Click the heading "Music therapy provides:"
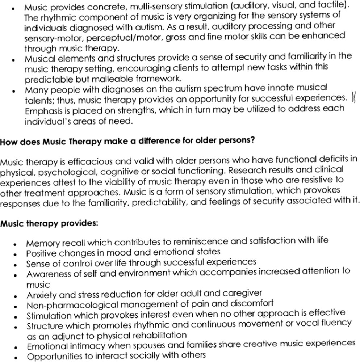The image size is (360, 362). [x=49, y=224]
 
